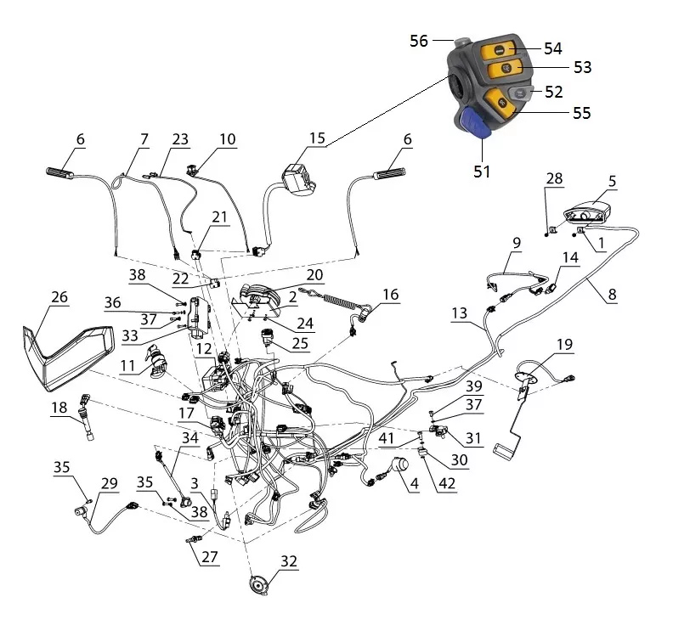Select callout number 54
[x=553, y=48]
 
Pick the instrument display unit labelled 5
[x=585, y=209]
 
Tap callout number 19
[x=564, y=345]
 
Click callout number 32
[x=289, y=561]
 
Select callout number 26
[x=59, y=298]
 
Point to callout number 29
[x=109, y=483]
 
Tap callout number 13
[x=459, y=313]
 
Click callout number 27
[x=209, y=558]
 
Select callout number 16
[x=389, y=295]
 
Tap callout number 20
[x=314, y=275]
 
